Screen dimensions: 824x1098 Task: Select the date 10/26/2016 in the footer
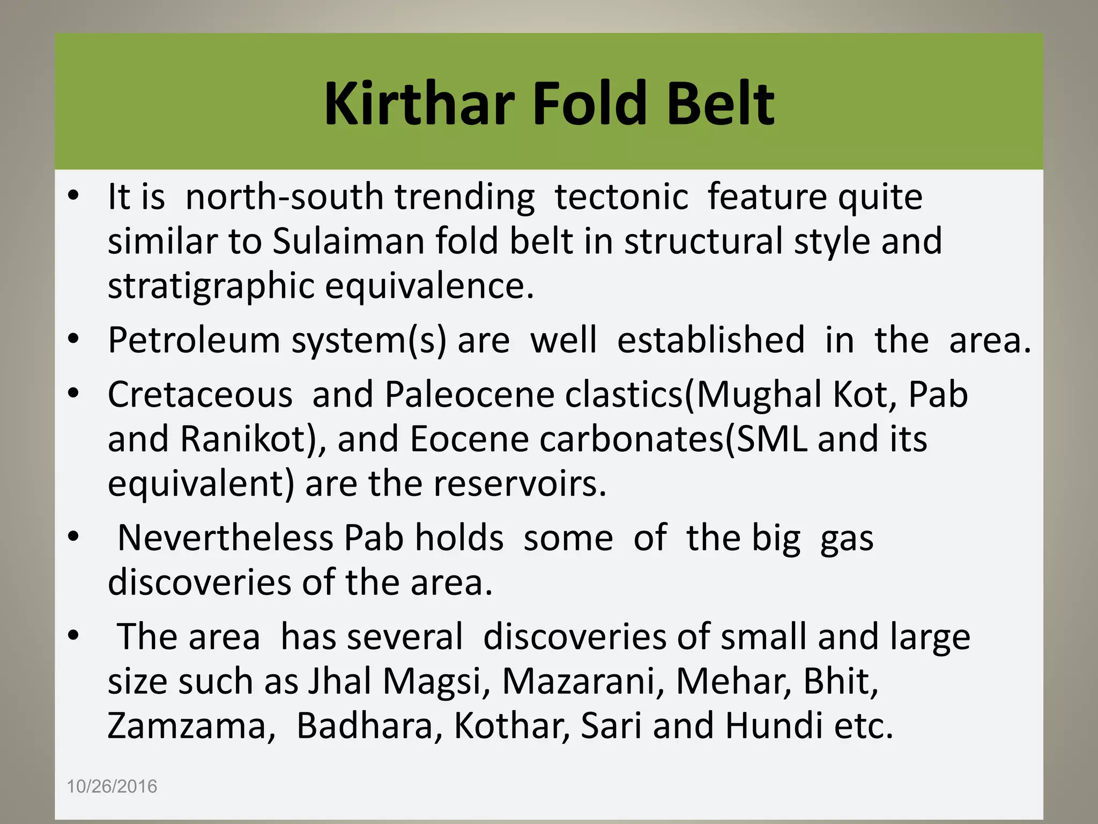click(112, 786)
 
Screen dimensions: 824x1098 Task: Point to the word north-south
click(284, 196)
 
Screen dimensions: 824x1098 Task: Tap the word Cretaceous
click(200, 394)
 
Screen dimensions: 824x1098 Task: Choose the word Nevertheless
click(225, 538)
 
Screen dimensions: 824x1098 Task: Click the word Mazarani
click(582, 681)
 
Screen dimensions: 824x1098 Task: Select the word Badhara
click(369, 726)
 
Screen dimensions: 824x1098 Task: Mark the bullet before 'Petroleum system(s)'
click(73, 340)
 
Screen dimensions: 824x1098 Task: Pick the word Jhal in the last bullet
click(339, 681)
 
